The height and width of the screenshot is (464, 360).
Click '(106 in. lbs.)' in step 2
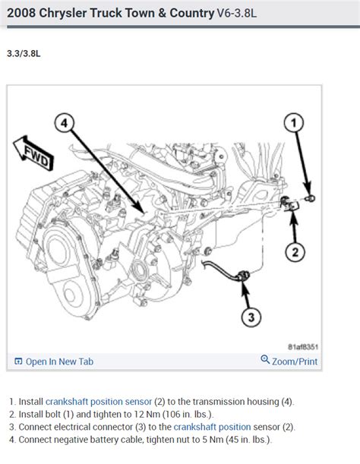click(194, 415)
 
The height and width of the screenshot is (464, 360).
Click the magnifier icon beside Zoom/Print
click(265, 361)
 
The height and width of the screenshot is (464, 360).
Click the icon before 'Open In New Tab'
click(17, 361)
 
